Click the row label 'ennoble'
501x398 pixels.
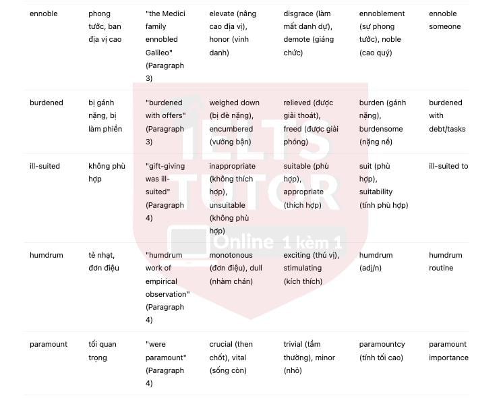pos(44,13)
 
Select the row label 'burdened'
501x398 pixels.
pos(47,103)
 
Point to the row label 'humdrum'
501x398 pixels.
pos(47,255)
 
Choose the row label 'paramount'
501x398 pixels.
pos(49,344)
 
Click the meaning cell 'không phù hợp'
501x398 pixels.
pos(105,173)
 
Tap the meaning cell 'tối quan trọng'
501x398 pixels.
pos(102,351)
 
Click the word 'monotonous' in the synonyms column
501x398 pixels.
pos(231,255)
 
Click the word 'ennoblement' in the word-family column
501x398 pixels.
pos(382,13)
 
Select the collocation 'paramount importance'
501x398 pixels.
pos(448,351)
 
